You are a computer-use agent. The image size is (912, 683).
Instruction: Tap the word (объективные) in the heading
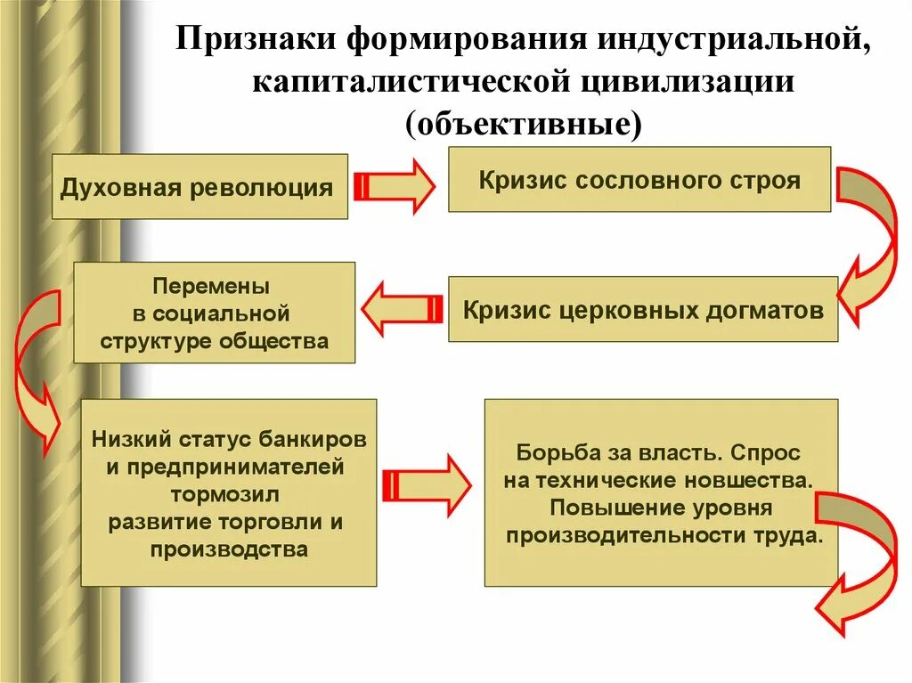[523, 124]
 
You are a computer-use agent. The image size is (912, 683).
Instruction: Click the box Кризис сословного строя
[639, 180]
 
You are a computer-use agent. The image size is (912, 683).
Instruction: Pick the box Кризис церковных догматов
[642, 310]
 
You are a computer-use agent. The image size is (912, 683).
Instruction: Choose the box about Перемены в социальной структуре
[214, 313]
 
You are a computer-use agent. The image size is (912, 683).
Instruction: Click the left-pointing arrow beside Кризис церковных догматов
[400, 309]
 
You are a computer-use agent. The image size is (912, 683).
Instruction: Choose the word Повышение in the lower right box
[605, 508]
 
